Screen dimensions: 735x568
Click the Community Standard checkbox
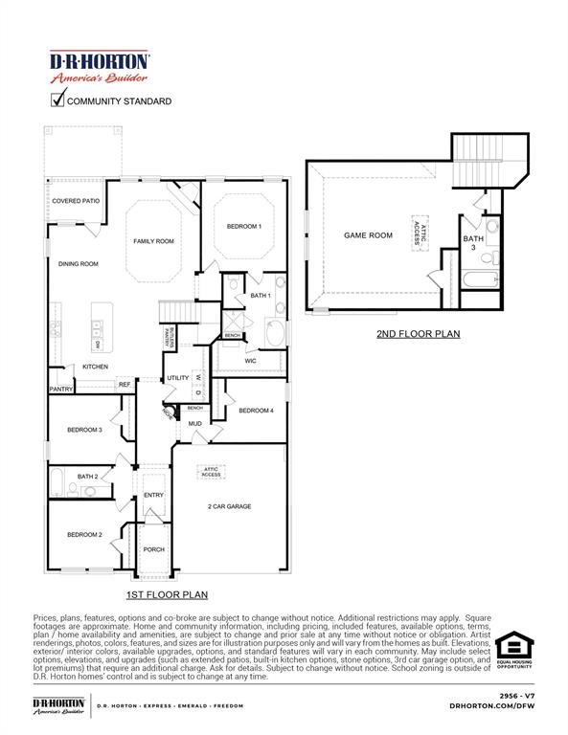pos(57,99)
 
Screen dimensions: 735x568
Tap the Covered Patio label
pos(76,202)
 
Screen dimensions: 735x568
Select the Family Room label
pos(153,241)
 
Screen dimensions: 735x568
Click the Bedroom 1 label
pos(243,226)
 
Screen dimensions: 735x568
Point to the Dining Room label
pos(79,263)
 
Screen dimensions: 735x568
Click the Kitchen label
pos(95,367)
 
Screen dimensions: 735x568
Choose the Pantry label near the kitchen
pos(61,390)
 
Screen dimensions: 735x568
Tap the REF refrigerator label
pos(125,385)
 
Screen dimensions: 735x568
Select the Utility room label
pos(178,378)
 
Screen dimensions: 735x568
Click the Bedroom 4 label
pos(256,411)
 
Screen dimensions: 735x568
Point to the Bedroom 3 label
pos(84,430)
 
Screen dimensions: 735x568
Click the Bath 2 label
pos(88,476)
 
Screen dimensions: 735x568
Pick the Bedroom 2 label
pos(84,534)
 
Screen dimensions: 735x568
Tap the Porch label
pos(153,549)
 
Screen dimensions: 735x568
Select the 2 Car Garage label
pos(229,506)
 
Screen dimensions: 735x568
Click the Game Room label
pos(369,234)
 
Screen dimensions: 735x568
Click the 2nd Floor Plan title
pos(418,334)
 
